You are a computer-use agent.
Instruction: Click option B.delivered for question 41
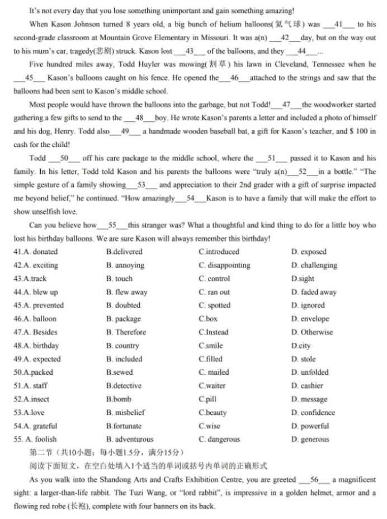tap(124, 252)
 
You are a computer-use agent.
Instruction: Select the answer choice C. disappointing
tap(224, 265)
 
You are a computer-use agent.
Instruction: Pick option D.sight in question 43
tap(303, 279)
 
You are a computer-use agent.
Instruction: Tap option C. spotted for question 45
tap(214, 305)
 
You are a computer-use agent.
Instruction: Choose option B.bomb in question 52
tap(119, 399)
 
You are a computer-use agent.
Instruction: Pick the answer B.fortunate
tap(124, 426)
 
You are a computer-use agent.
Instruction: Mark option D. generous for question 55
tap(310, 440)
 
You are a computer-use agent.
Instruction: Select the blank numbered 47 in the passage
tap(286, 105)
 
